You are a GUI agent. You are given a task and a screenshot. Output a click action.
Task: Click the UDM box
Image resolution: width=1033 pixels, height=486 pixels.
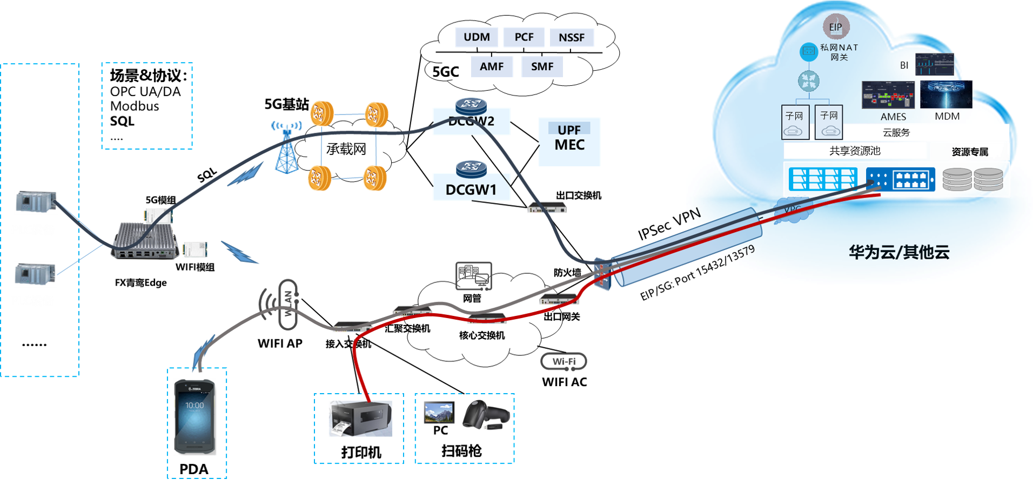click(x=477, y=37)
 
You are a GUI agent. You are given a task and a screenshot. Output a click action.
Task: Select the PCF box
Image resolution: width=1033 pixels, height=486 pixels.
click(x=524, y=37)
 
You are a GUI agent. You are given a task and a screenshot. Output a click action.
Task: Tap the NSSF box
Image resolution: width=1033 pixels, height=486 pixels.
click(x=572, y=37)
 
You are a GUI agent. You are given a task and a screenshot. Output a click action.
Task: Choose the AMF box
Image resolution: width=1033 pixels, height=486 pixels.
click(x=492, y=66)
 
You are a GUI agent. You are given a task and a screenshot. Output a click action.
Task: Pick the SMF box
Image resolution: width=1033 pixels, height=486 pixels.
click(x=542, y=66)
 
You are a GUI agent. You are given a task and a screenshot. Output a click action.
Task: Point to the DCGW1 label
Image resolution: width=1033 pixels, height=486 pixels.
click(x=471, y=190)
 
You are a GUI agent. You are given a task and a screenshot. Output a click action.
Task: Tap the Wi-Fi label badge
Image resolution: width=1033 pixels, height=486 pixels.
click(x=564, y=361)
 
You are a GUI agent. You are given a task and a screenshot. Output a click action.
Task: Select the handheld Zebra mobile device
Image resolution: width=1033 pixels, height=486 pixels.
click(x=194, y=416)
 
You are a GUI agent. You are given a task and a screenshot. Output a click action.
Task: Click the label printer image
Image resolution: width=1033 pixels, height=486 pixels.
click(x=360, y=418)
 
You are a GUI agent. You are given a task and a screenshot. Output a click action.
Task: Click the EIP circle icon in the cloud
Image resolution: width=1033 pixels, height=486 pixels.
click(x=836, y=27)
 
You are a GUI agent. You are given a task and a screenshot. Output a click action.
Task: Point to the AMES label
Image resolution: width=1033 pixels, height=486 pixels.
click(x=893, y=117)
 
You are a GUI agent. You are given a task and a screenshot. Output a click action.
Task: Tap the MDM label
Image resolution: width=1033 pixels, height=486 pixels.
click(x=947, y=117)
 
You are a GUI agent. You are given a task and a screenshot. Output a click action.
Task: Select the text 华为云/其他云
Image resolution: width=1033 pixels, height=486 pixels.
click(x=899, y=252)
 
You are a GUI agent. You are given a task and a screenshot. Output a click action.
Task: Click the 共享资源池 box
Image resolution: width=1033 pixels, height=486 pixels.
click(x=855, y=151)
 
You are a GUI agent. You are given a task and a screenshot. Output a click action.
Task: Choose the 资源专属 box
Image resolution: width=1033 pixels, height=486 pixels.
click(x=970, y=152)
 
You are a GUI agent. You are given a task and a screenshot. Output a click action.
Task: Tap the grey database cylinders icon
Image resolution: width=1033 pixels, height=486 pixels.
click(x=972, y=180)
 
